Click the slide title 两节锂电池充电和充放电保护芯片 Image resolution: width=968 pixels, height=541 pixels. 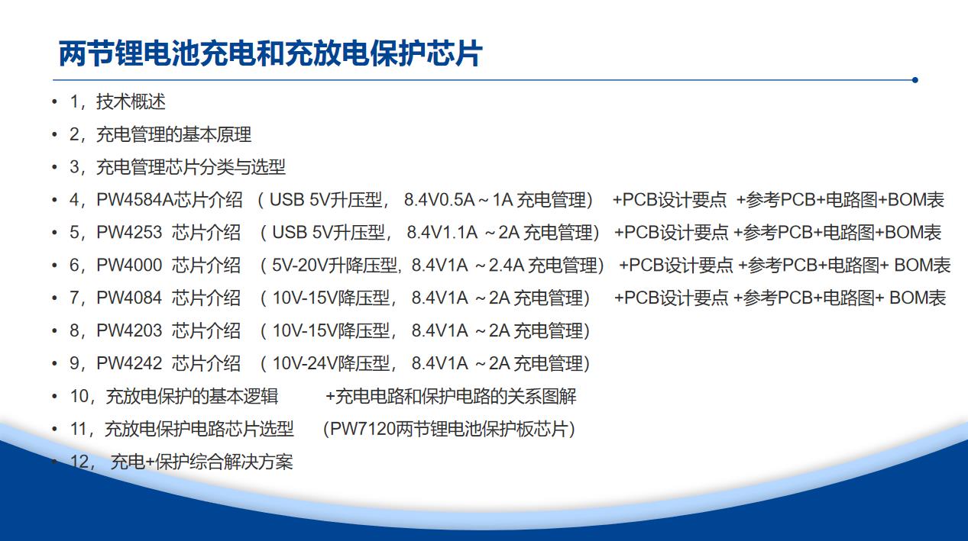click(270, 53)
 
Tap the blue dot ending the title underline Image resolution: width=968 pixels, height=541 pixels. click(915, 80)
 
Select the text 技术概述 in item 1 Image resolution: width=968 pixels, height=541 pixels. click(131, 102)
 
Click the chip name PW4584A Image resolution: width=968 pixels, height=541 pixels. click(134, 200)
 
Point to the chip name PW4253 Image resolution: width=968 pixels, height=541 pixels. click(129, 233)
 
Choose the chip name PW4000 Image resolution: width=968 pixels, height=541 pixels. click(129, 265)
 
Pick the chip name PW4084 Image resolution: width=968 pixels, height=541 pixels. click(129, 298)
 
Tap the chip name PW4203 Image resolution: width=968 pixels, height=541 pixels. click(129, 330)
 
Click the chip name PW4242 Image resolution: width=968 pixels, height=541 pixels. click(129, 363)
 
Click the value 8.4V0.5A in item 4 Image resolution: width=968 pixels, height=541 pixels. click(439, 200)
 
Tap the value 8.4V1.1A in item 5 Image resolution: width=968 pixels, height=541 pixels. click(442, 233)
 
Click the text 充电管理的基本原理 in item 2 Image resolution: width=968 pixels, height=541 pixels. click(173, 135)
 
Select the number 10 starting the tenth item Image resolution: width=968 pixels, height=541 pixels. click(79, 396)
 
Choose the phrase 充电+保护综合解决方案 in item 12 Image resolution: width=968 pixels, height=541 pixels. click(202, 462)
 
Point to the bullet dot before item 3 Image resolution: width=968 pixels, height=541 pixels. click(54, 168)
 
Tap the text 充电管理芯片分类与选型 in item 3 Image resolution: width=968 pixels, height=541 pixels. click(190, 168)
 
